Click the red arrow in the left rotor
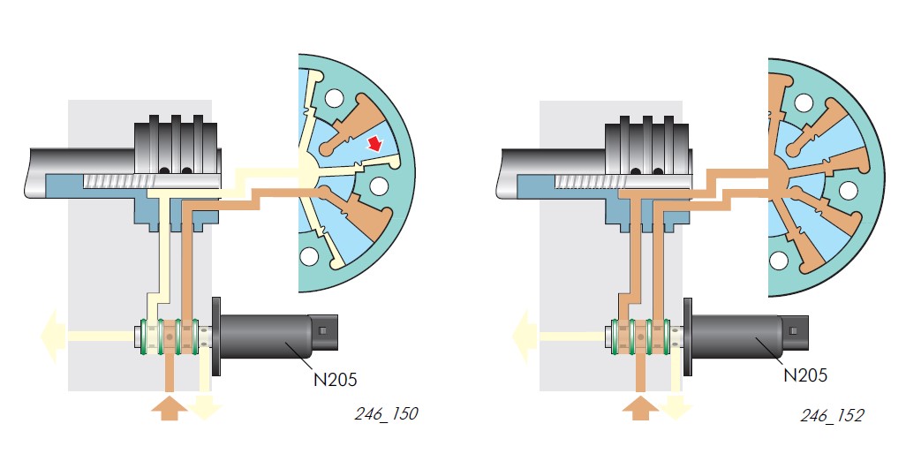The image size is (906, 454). click(376, 142)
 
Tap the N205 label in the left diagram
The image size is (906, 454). click(335, 379)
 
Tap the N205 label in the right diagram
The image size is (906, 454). click(805, 375)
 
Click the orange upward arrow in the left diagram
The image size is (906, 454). click(169, 408)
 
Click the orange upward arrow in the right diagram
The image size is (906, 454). click(640, 408)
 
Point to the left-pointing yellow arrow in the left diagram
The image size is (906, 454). click(49, 336)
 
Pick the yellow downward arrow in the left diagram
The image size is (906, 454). click(205, 407)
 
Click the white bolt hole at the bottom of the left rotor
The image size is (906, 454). click(310, 257)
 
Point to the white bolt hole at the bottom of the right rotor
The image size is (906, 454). click(781, 260)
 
